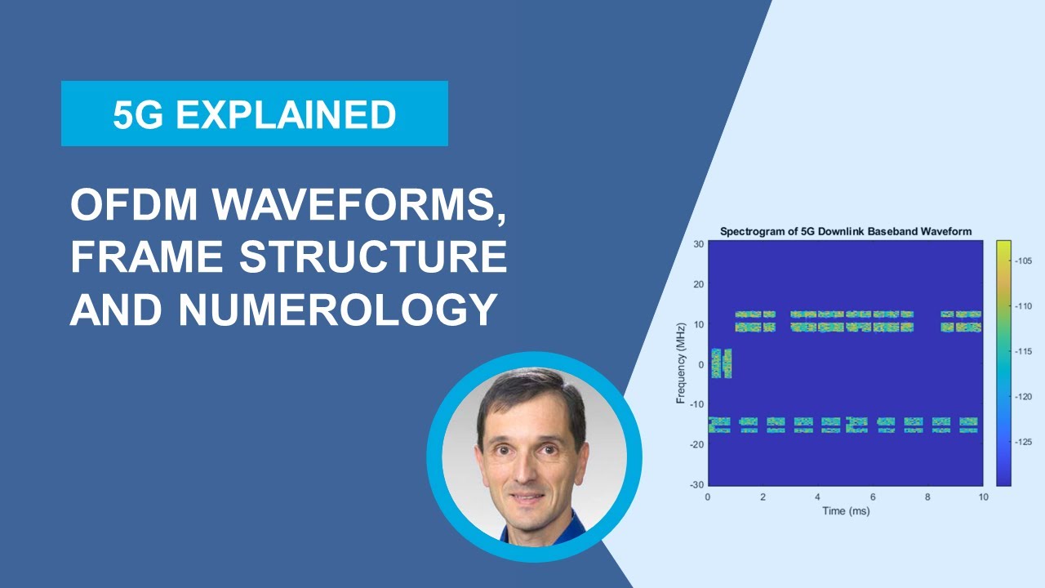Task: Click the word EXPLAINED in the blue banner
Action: click(x=286, y=115)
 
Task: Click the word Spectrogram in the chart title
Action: click(x=751, y=232)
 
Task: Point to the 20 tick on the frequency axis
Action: click(x=698, y=284)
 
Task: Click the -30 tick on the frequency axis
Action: click(x=696, y=485)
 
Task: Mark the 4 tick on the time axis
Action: click(x=817, y=497)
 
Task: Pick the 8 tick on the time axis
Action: click(x=928, y=497)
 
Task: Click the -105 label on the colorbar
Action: click(x=1025, y=261)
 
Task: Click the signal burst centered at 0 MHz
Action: click(x=721, y=363)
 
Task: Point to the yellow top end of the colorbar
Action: click(x=1003, y=245)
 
